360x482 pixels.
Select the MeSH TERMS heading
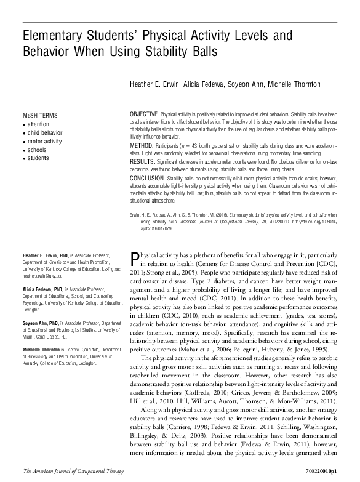(x=41, y=115)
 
